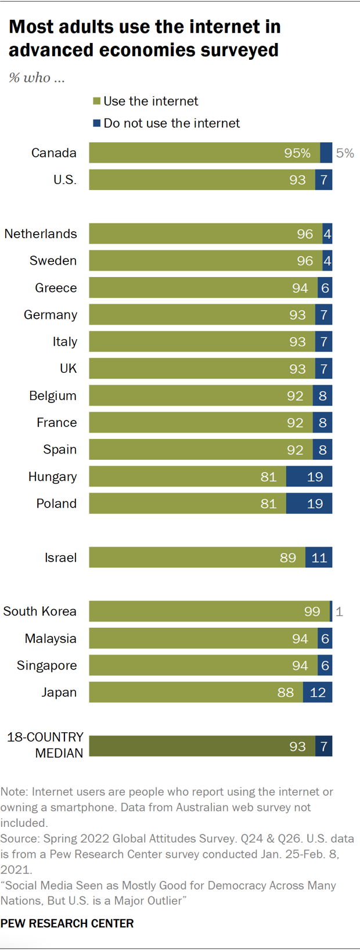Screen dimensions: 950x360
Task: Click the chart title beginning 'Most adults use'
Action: click(x=145, y=38)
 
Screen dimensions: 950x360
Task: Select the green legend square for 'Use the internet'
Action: click(x=97, y=102)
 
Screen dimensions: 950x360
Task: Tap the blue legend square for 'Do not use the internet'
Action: click(x=97, y=123)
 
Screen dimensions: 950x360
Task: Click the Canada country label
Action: click(x=53, y=153)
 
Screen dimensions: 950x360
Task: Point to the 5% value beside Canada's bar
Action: click(x=345, y=153)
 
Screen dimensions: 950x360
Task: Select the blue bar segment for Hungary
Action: click(x=309, y=477)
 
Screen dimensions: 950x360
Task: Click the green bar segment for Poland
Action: click(x=187, y=503)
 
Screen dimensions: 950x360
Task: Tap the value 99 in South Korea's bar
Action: click(x=312, y=611)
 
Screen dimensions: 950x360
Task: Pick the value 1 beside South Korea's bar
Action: click(x=340, y=611)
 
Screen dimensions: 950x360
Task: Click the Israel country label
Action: click(x=60, y=557)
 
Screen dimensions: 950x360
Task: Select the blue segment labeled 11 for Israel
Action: click(x=319, y=557)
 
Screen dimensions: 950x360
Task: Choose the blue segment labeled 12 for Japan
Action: click(x=318, y=692)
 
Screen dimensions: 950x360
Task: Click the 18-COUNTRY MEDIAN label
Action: click(x=45, y=745)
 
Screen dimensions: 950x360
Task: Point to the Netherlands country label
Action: click(x=41, y=233)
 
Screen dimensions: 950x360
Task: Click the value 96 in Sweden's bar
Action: click(x=305, y=261)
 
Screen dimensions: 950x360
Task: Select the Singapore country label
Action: click(x=46, y=665)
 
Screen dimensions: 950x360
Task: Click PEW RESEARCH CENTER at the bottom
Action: click(x=67, y=923)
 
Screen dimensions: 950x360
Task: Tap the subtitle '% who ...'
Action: click(x=37, y=78)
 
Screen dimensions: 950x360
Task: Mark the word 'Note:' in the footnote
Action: click(x=15, y=792)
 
